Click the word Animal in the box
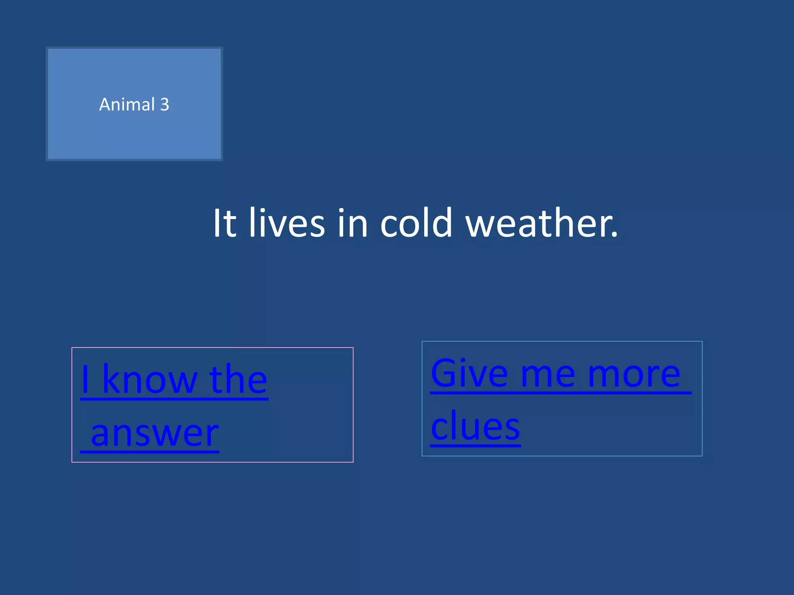click(x=127, y=105)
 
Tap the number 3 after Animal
click(x=165, y=105)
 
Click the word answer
click(x=155, y=434)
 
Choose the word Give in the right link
click(x=469, y=373)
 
